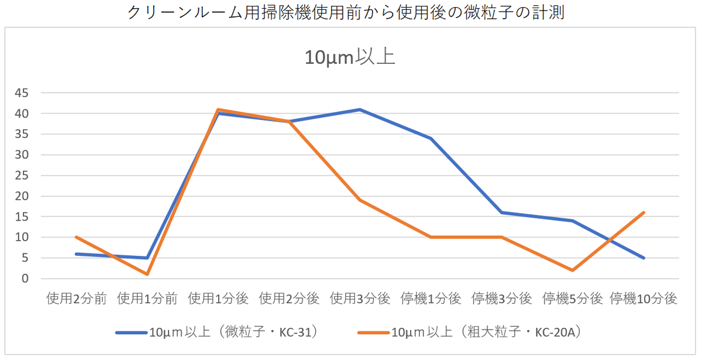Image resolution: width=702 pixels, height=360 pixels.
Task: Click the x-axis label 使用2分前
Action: coord(76,299)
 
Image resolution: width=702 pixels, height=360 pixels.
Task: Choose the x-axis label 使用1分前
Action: coord(147,299)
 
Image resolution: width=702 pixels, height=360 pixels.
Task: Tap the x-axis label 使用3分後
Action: coord(360,299)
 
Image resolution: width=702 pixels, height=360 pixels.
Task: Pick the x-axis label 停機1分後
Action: coord(431,299)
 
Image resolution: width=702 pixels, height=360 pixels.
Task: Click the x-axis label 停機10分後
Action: coord(643,299)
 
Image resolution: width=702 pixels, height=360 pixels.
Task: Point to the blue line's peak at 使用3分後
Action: coord(360,109)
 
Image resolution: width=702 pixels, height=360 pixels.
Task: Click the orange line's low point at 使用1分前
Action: coord(147,275)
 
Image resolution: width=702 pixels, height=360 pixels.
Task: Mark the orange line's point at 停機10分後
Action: coord(644,212)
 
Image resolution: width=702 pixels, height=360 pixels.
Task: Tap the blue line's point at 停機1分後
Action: coord(431,138)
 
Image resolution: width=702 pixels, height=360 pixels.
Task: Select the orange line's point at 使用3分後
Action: coord(360,200)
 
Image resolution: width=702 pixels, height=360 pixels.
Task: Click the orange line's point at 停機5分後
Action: coord(573,270)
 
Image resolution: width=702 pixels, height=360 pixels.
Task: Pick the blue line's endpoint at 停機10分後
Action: coord(644,258)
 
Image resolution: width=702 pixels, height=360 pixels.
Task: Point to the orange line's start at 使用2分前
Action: coord(76,237)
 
